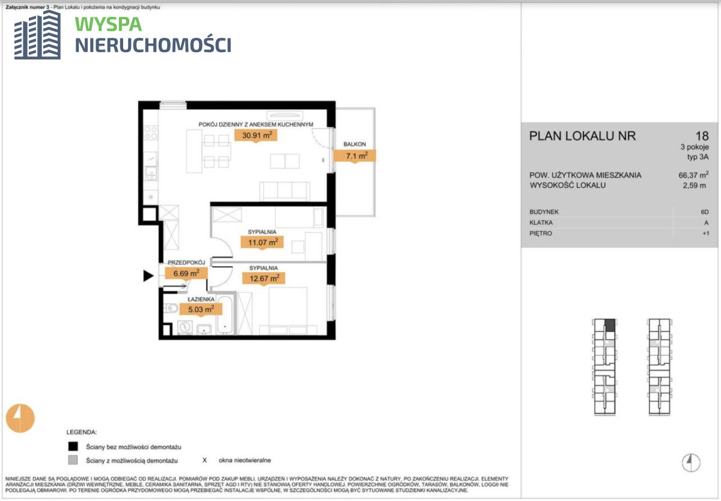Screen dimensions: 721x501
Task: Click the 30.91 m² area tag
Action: click(x=256, y=136)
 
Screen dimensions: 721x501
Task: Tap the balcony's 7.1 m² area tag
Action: click(x=354, y=156)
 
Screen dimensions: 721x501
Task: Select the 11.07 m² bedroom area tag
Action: click(x=262, y=242)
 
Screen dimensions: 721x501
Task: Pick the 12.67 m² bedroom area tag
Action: click(x=264, y=278)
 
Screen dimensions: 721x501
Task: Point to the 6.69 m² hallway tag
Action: click(x=186, y=273)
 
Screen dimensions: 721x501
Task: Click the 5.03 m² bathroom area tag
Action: click(x=201, y=309)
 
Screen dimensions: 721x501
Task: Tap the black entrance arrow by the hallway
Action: click(x=148, y=276)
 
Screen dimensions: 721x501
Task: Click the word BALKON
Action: click(x=354, y=144)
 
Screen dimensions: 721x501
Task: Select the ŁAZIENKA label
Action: click(x=201, y=299)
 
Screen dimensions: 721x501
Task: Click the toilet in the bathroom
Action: click(x=171, y=309)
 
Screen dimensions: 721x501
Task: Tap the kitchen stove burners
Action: click(x=151, y=133)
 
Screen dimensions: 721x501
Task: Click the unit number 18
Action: click(x=702, y=136)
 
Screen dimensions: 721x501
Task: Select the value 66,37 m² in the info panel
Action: click(x=693, y=175)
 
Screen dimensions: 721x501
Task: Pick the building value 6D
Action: click(x=705, y=212)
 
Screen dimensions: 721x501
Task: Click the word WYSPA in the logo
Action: click(x=109, y=25)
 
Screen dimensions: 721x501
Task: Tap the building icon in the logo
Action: click(x=37, y=35)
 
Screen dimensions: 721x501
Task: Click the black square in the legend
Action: click(x=73, y=446)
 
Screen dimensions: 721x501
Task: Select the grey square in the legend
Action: click(x=73, y=460)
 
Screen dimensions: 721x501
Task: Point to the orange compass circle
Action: click(x=20, y=418)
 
